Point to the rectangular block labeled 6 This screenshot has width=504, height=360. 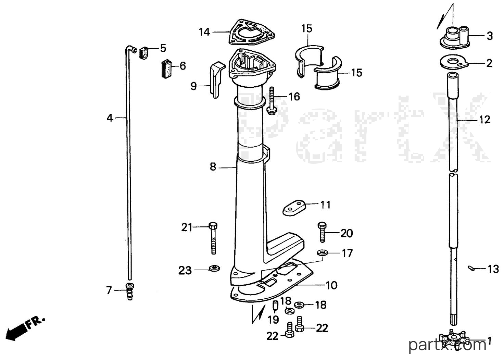point(166,69)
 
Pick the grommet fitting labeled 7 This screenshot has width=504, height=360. point(130,291)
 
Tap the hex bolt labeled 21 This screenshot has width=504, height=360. point(213,239)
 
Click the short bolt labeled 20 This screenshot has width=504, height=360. point(322,232)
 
